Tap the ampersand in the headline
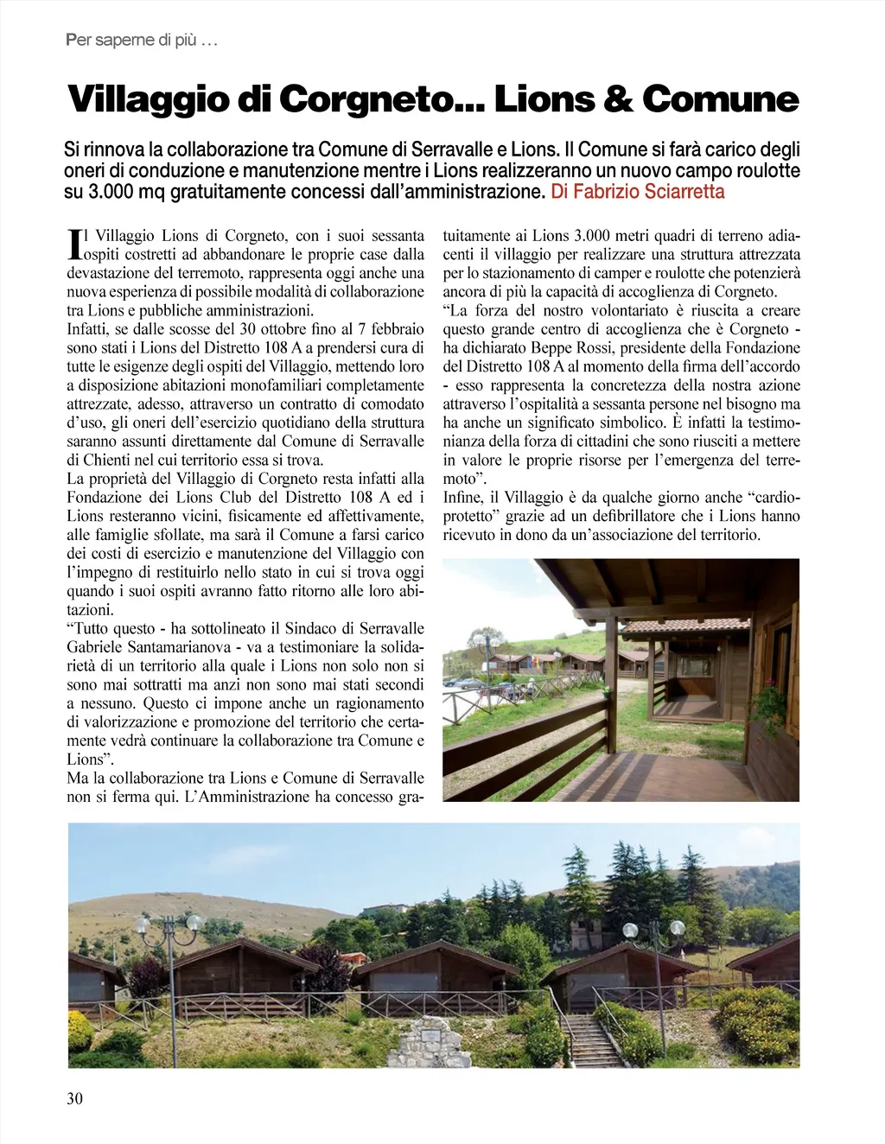[x=618, y=99]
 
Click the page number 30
[x=75, y=1099]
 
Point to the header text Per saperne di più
[x=140, y=41]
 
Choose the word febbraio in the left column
[x=397, y=329]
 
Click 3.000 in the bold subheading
[x=110, y=192]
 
